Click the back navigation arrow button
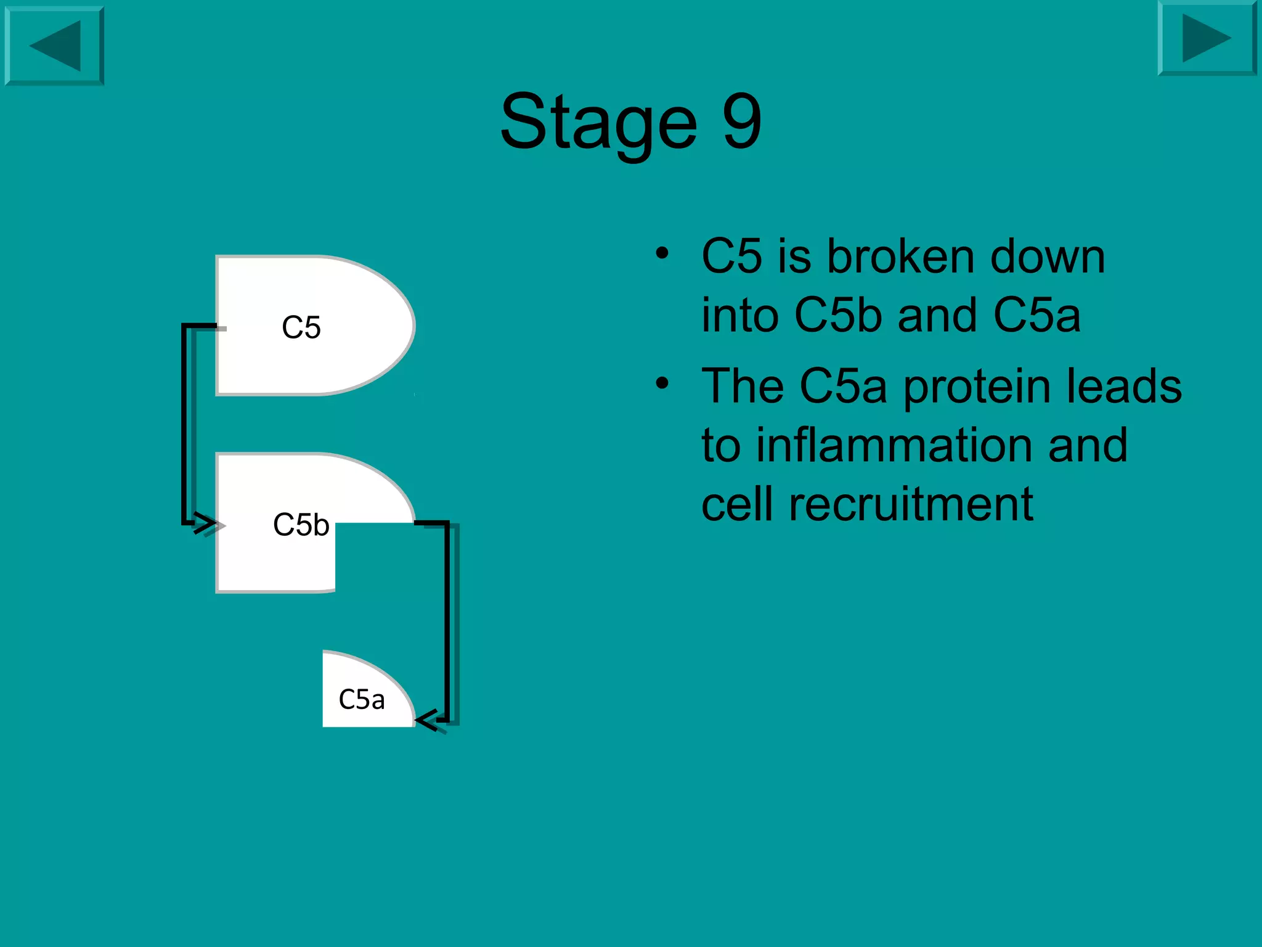[54, 46]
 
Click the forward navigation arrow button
[1207, 38]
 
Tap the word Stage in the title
[598, 121]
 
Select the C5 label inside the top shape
[301, 327]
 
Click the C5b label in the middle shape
[301, 525]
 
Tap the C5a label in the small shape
[362, 700]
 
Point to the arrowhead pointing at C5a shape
[426, 719]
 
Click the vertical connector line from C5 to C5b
[184, 425]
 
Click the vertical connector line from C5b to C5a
[447, 623]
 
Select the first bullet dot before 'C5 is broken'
[662, 253]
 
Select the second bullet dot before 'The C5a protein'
[662, 383]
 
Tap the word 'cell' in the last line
[738, 504]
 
